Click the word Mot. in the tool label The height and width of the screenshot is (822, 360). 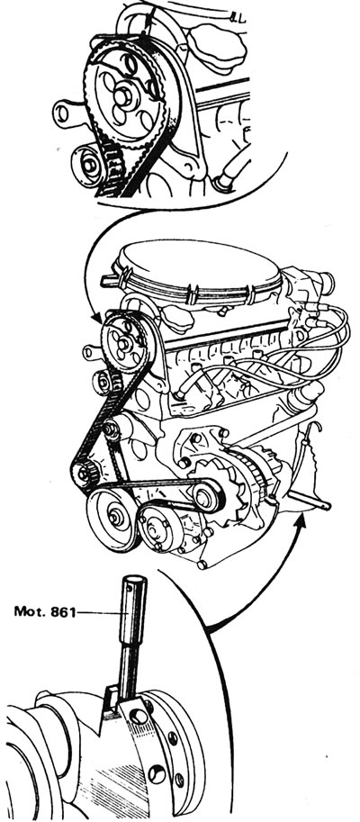pyautogui.click(x=30, y=611)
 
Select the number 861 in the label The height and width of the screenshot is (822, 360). pyautogui.click(x=62, y=611)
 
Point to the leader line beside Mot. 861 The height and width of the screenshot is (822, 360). pyautogui.click(x=98, y=612)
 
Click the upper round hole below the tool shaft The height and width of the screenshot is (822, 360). pyautogui.click(x=139, y=716)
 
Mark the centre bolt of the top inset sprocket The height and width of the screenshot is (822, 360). pyautogui.click(x=122, y=96)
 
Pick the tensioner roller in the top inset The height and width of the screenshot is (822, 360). pyautogui.click(x=90, y=165)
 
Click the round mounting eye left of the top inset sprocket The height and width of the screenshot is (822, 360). pyautogui.click(x=62, y=113)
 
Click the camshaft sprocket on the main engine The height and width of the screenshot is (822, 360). pyautogui.click(x=123, y=342)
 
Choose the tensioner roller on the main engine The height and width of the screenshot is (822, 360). pyautogui.click(x=103, y=383)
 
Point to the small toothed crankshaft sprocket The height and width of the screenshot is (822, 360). pyautogui.click(x=84, y=474)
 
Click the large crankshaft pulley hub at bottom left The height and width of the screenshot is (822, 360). pyautogui.click(x=112, y=518)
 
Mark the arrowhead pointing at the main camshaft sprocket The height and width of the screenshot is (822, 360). pyautogui.click(x=97, y=318)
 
